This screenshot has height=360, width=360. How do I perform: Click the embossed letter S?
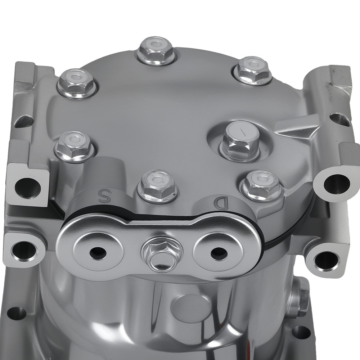coord(105,196)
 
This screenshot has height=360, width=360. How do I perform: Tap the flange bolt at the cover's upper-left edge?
coord(77,84)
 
